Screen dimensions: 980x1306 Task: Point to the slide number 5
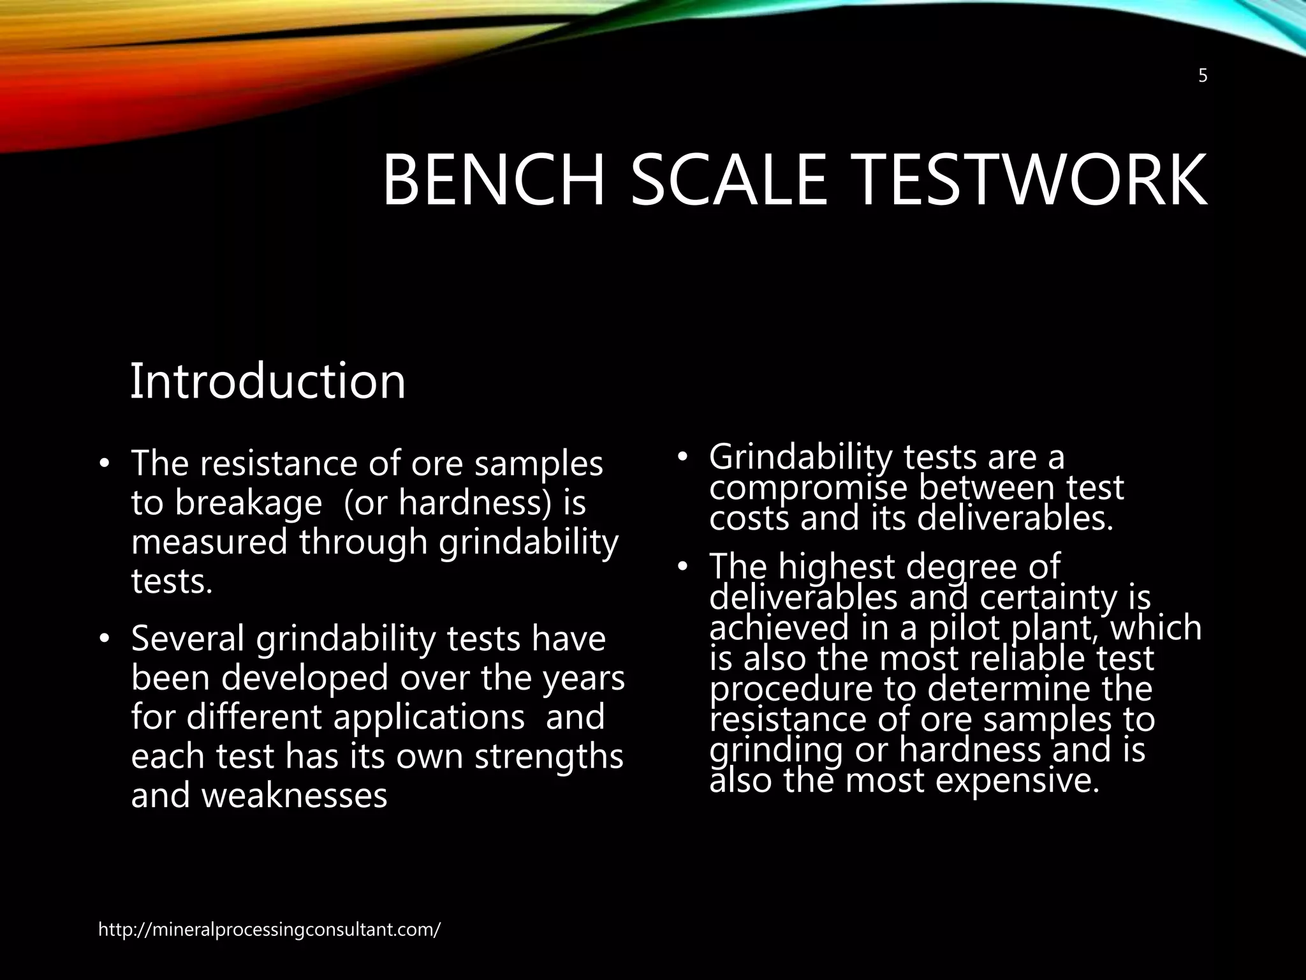point(1203,77)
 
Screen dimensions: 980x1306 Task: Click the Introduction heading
point(268,381)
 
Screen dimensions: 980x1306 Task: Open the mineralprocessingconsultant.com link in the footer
point(269,930)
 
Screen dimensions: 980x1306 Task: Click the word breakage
point(248,503)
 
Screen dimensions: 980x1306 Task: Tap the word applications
point(429,716)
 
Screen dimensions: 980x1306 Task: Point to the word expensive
point(1017,780)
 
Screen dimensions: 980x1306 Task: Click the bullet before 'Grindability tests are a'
point(682,457)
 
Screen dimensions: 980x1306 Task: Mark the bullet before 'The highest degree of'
point(682,567)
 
